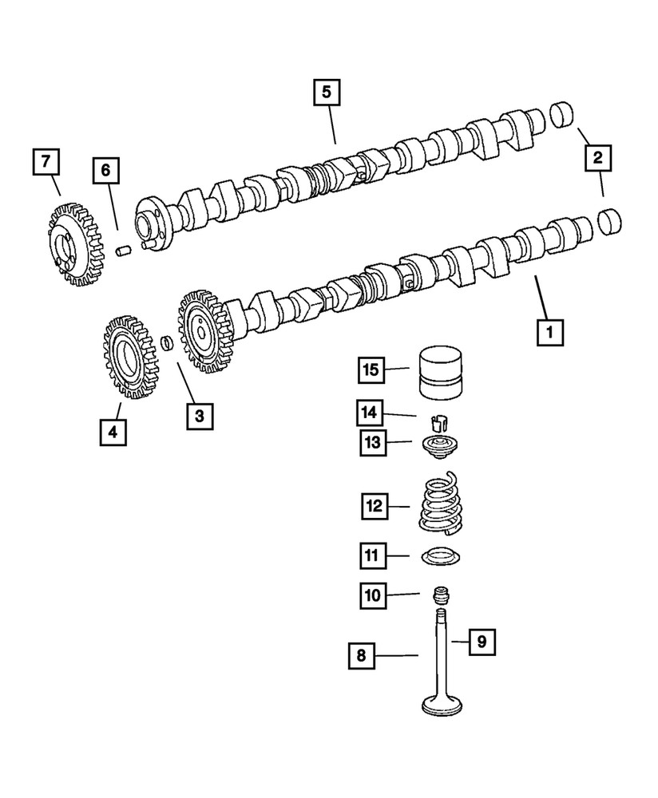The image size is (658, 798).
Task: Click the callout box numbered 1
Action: click(x=549, y=331)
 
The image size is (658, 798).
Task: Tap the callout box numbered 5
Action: click(x=326, y=92)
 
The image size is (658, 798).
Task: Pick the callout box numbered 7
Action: click(x=46, y=162)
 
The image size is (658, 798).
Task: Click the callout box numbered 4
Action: click(x=113, y=432)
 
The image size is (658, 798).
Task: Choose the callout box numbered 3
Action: click(x=200, y=414)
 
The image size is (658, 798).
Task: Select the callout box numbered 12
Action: click(x=373, y=506)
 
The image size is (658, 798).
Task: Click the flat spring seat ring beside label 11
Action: click(x=438, y=555)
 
